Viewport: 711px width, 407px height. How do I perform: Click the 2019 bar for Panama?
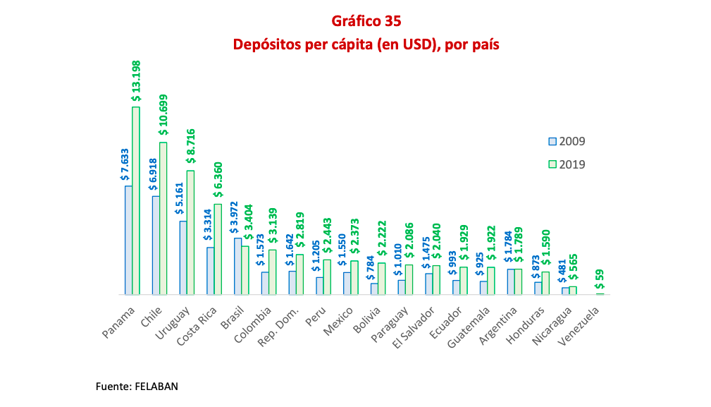pyautogui.click(x=136, y=200)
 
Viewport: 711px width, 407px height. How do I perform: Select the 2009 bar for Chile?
pyautogui.click(x=156, y=245)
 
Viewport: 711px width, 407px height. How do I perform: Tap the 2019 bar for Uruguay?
pyautogui.click(x=190, y=232)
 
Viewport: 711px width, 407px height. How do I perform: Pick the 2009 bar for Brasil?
pyautogui.click(x=237, y=266)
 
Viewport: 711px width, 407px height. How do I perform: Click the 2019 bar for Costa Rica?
pyautogui.click(x=218, y=249)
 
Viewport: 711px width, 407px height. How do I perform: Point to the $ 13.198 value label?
pyautogui.click(x=136, y=81)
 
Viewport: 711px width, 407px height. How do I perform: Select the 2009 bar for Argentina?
pyautogui.click(x=511, y=281)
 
